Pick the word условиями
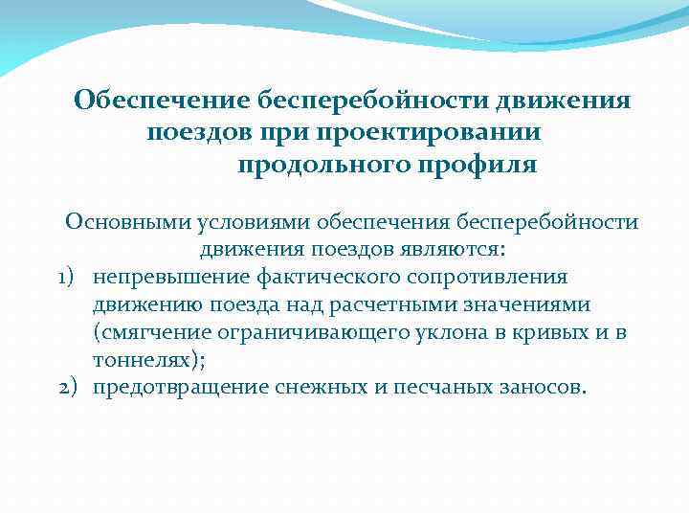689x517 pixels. pos(247,222)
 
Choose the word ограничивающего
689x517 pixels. pos(322,332)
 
